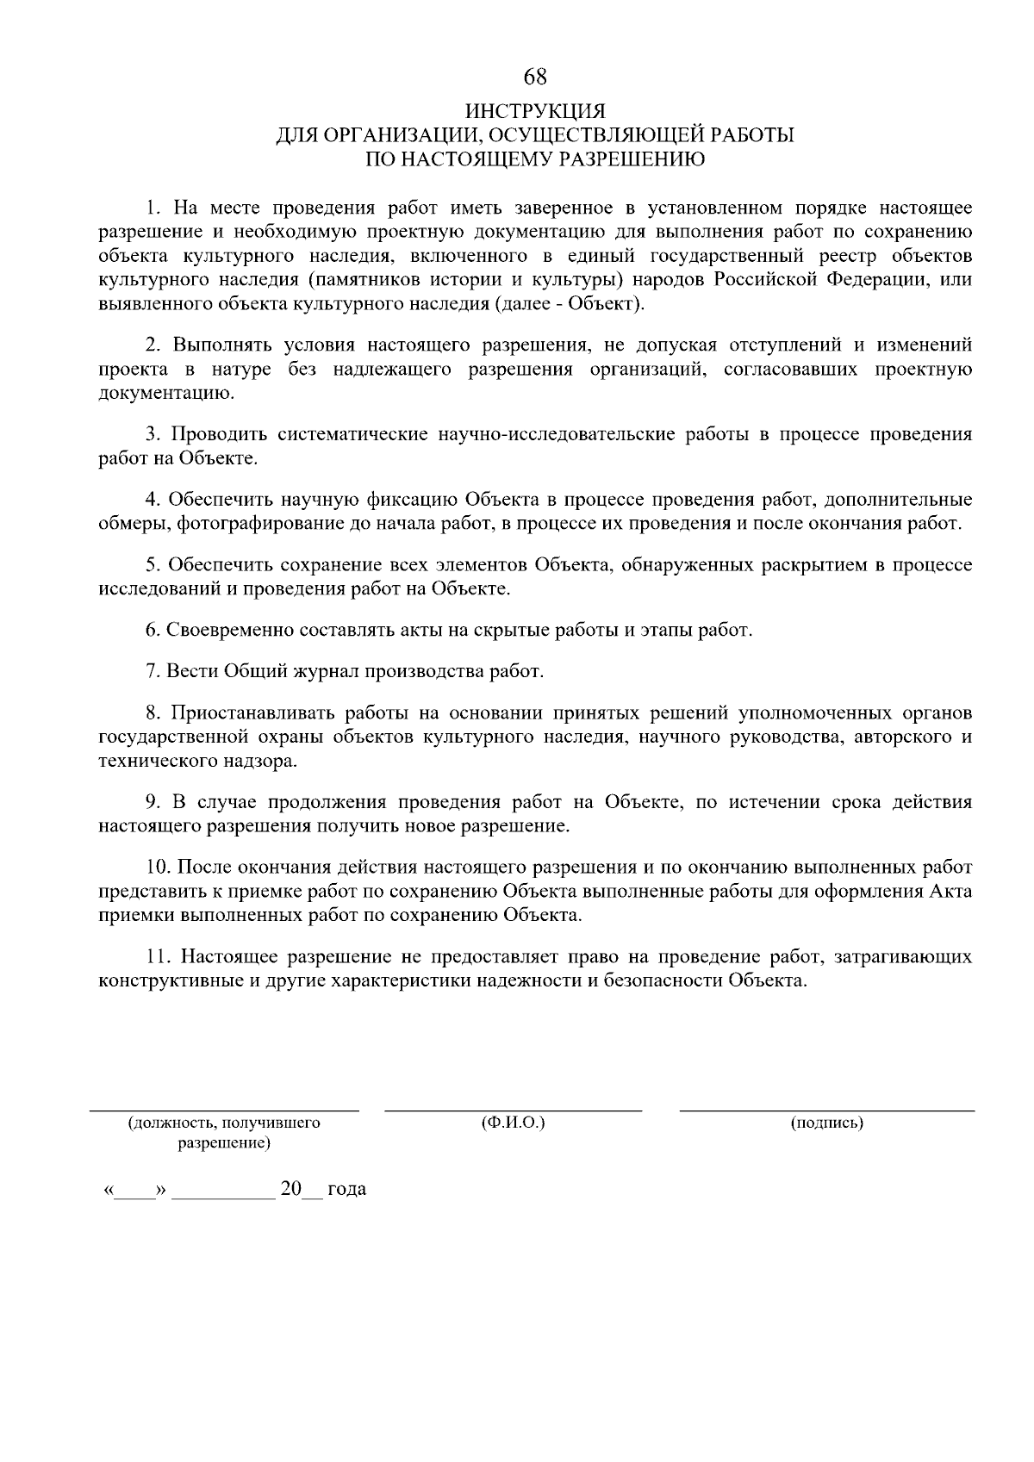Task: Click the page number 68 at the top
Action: [x=535, y=77]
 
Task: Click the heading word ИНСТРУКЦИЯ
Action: [x=535, y=112]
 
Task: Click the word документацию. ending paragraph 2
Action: [x=166, y=394]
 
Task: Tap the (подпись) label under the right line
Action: [x=826, y=1123]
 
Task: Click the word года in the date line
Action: [x=346, y=1190]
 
